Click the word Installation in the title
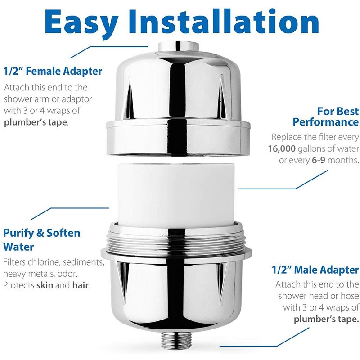(x=224, y=21)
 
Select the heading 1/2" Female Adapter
(x=53, y=71)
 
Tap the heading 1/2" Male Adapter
(x=315, y=270)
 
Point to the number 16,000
(x=282, y=149)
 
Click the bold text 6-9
(x=319, y=160)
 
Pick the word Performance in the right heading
(x=326, y=122)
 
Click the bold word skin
(x=45, y=285)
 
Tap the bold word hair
(x=81, y=285)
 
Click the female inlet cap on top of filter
(x=178, y=47)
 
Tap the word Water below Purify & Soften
(x=18, y=247)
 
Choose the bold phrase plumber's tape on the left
(x=36, y=122)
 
